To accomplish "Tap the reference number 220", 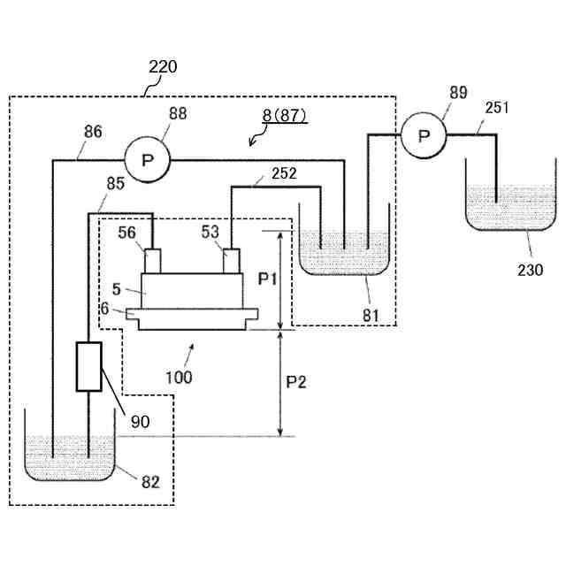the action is (x=163, y=67).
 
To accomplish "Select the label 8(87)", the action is (x=285, y=116).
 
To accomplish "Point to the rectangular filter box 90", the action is (x=88, y=366).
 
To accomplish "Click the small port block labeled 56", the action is (x=152, y=261).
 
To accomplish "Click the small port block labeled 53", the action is (x=232, y=261).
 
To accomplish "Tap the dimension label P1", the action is (x=267, y=279).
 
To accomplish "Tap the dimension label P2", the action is (x=296, y=382).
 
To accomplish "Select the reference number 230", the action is (x=531, y=270).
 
